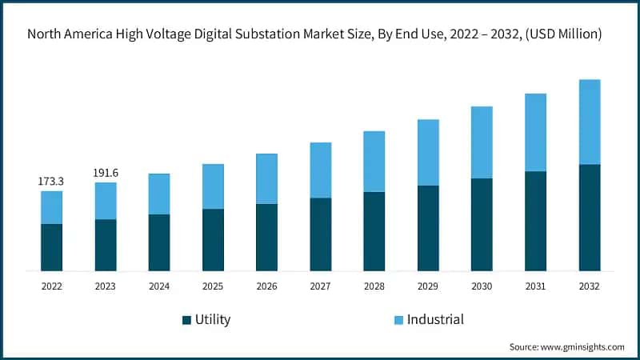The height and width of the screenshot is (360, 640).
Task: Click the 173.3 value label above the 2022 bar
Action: coord(51,182)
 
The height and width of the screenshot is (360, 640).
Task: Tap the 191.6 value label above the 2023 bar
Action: coord(105,173)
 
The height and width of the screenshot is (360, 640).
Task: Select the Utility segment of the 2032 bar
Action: coord(589,218)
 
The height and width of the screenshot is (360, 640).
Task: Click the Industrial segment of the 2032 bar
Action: coord(589,122)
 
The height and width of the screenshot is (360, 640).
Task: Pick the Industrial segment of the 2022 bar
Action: coord(51,207)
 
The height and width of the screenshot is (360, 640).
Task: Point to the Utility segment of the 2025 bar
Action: coord(213,240)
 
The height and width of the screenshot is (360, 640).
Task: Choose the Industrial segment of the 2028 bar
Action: coord(374,161)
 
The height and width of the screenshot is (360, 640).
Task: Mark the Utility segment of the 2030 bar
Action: coord(482,224)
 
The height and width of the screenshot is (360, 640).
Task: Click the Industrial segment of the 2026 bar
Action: coord(266,178)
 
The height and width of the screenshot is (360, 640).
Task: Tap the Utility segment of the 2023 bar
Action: coord(105,245)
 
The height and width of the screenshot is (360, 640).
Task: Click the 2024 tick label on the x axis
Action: coord(158,286)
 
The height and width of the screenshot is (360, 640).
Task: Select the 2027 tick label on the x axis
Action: coord(320,286)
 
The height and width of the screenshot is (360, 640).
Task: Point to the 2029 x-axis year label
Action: coord(427,286)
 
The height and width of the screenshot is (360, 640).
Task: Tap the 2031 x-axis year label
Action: coord(535,286)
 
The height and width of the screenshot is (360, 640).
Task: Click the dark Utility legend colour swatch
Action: coord(187,320)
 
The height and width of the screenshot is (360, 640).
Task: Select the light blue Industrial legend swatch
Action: coord(398,320)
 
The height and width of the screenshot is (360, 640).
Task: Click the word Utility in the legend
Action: coord(213,320)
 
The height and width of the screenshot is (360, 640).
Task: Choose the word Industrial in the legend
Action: coord(435,320)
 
